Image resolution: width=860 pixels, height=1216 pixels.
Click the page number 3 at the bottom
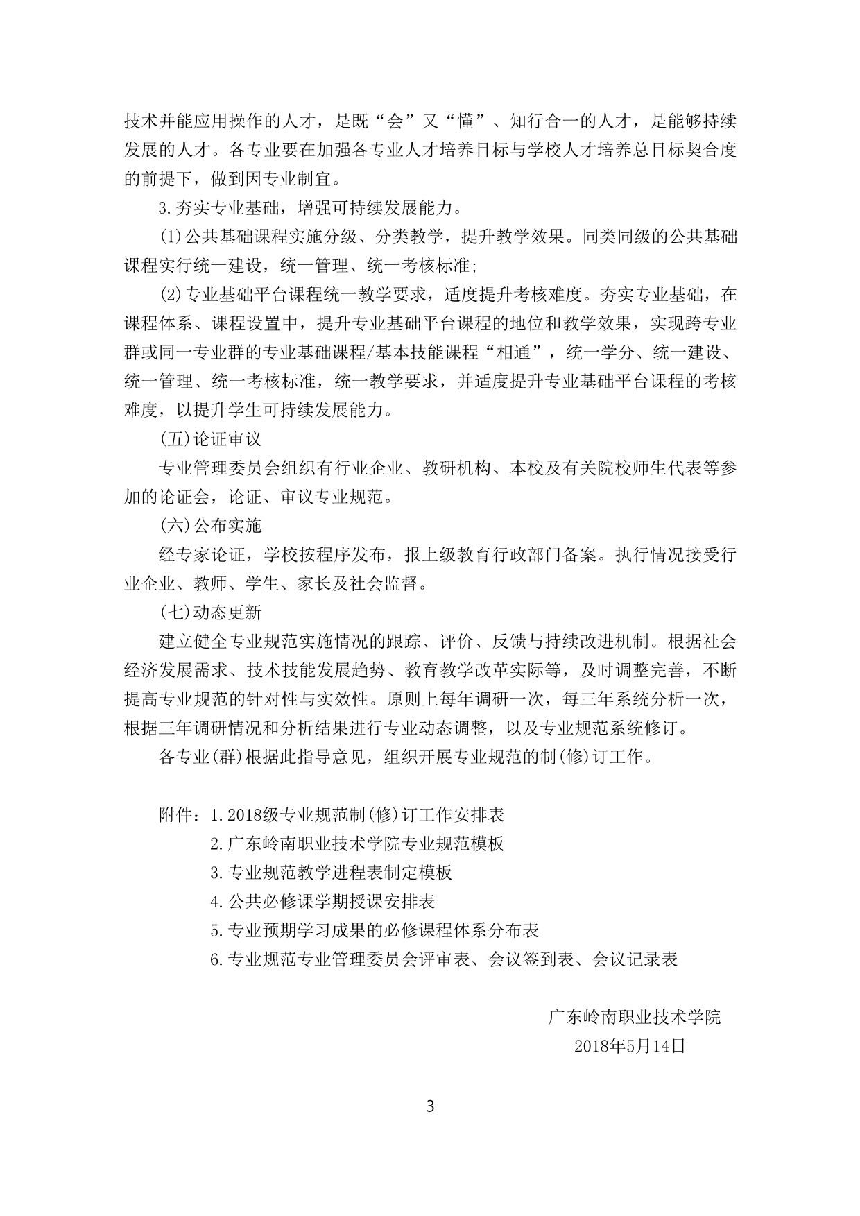[x=430, y=1105]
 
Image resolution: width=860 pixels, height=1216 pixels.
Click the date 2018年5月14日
[x=630, y=1045]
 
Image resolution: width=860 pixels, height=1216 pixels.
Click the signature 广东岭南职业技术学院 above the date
[x=635, y=1016]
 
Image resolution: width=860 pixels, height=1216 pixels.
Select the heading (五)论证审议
[x=210, y=439]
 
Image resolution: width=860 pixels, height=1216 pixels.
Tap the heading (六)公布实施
[x=210, y=525]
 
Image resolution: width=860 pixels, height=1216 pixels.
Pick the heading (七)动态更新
[x=210, y=612]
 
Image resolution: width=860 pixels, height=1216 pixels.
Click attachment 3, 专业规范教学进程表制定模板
[x=331, y=872]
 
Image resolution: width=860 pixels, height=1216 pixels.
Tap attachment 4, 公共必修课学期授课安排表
[x=322, y=901]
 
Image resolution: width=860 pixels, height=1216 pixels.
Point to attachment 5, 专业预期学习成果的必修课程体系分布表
[x=375, y=930]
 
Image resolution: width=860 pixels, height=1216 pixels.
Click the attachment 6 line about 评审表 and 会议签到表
[x=444, y=959]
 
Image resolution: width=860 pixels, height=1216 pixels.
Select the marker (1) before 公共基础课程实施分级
[x=171, y=237]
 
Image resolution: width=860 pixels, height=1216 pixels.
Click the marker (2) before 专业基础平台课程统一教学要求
[x=171, y=295]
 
